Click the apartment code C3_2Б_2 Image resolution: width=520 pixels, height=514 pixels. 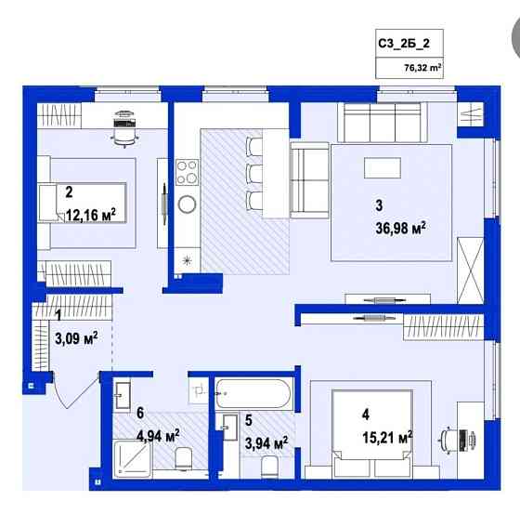[x=403, y=43]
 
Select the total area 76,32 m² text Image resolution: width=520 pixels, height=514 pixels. [x=422, y=67]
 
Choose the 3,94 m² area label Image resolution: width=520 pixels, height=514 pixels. [x=265, y=442]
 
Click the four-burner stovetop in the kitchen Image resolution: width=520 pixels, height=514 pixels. [x=187, y=172]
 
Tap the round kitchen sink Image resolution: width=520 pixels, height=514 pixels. [x=187, y=204]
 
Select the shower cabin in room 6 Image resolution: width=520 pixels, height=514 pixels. [x=131, y=458]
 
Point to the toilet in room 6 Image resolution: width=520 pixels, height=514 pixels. [x=183, y=456]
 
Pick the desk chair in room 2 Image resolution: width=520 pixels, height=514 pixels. [x=123, y=131]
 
